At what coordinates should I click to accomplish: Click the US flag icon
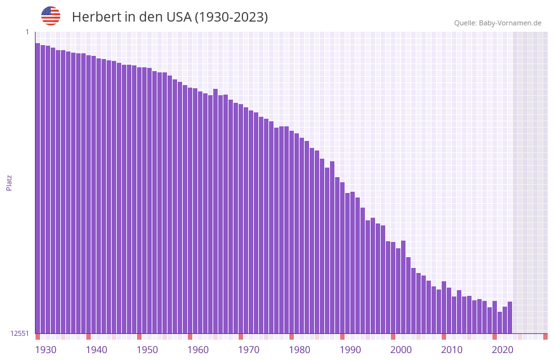pyautogui.click(x=51, y=16)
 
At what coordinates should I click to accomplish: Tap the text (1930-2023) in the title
pyautogui.click(x=231, y=17)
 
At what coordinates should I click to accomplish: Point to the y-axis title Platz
pyautogui.click(x=9, y=182)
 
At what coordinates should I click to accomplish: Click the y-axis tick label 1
pyautogui.click(x=27, y=32)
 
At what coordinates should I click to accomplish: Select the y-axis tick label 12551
pyautogui.click(x=19, y=333)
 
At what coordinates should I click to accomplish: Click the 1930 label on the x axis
pyautogui.click(x=46, y=350)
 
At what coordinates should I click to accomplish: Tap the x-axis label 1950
pyautogui.click(x=147, y=350)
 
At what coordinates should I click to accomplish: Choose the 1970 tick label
pyautogui.click(x=249, y=350)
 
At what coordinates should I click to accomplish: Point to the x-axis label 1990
pyautogui.click(x=350, y=350)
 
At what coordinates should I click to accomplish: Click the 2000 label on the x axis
pyautogui.click(x=401, y=350)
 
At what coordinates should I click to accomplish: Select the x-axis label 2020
pyautogui.click(x=503, y=350)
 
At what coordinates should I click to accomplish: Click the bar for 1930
pyautogui.click(x=37, y=190)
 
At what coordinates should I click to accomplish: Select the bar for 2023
pyautogui.click(x=510, y=317)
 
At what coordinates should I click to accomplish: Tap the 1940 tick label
pyautogui.click(x=96, y=350)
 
